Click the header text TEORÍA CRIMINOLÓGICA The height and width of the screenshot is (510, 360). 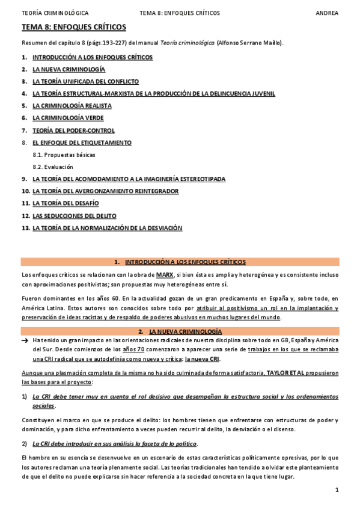point(55,12)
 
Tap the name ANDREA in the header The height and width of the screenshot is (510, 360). point(327,12)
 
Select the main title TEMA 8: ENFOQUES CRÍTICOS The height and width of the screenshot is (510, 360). point(74,27)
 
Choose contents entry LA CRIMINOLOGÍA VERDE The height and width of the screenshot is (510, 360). point(68,118)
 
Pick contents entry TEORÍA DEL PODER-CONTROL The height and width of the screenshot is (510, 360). point(73,130)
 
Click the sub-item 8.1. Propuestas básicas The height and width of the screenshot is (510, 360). point(64,155)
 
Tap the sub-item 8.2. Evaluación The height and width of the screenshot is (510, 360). point(53,167)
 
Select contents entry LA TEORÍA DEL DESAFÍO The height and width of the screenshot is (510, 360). point(66,203)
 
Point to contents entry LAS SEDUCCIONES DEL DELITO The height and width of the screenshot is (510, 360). point(75,215)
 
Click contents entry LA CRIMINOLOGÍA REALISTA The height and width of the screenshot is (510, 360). point(72,106)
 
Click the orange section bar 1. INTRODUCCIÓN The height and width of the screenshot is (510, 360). point(180,262)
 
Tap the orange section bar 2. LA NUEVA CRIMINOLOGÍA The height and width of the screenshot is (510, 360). point(180,331)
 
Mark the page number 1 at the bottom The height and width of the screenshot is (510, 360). point(337,490)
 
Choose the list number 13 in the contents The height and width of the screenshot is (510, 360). point(25,228)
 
